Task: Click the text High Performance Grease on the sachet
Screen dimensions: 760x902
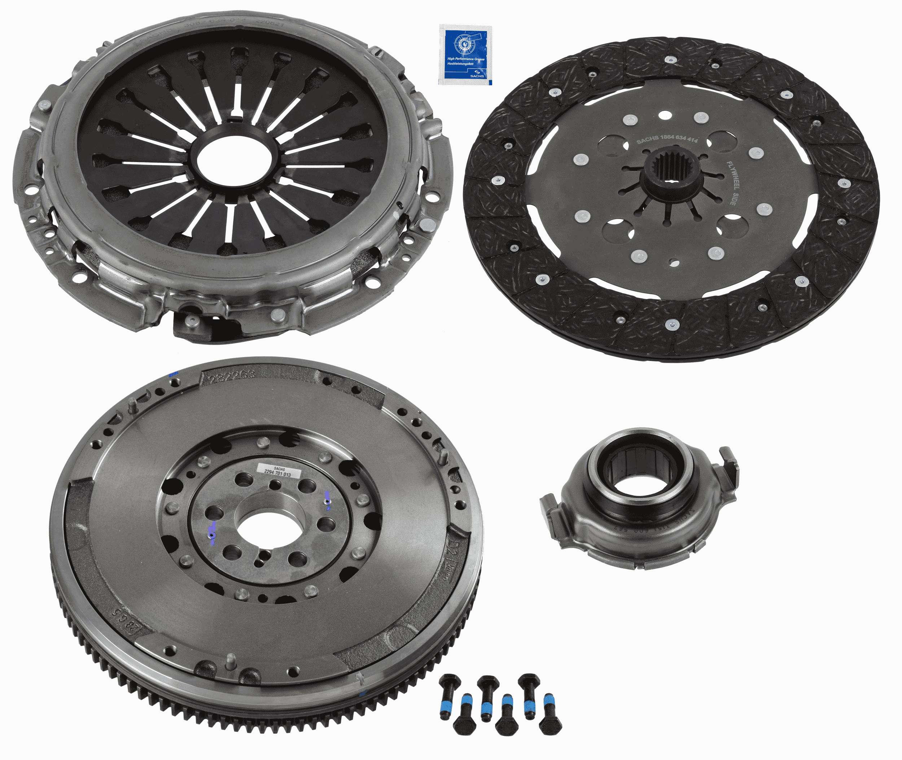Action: [465, 58]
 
